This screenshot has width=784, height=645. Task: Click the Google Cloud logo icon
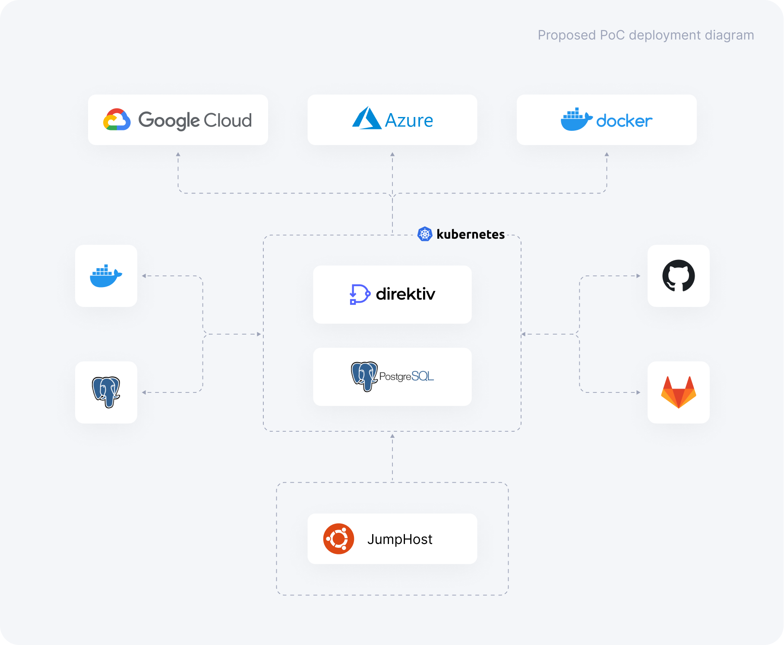click(x=117, y=120)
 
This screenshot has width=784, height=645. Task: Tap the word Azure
click(x=409, y=120)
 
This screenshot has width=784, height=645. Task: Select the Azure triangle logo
click(x=366, y=118)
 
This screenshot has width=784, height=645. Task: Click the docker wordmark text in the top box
click(x=624, y=121)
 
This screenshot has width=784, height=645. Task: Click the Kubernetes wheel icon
click(x=425, y=234)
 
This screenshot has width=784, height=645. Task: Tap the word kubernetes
click(x=471, y=234)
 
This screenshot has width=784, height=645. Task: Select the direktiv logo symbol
click(x=359, y=294)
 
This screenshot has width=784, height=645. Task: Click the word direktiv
click(x=405, y=294)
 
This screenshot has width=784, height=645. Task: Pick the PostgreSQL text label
click(x=406, y=376)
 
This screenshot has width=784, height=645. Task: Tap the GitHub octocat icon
click(x=678, y=275)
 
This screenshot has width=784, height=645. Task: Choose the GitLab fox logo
click(x=678, y=392)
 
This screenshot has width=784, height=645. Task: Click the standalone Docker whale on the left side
click(x=106, y=276)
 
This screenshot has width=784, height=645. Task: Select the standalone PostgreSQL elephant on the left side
click(x=106, y=392)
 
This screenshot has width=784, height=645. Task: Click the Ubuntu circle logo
click(x=338, y=539)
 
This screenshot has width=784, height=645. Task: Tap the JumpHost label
click(x=400, y=539)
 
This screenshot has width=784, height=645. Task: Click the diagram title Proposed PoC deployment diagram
click(x=645, y=35)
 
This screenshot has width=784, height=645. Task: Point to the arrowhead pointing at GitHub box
click(x=639, y=276)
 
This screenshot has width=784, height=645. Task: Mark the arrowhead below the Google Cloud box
click(x=178, y=154)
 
